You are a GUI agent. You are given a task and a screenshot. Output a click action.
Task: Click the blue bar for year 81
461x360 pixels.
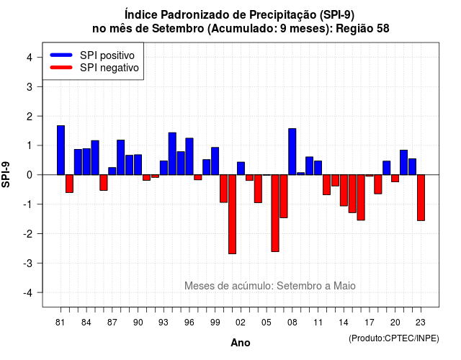click(61, 150)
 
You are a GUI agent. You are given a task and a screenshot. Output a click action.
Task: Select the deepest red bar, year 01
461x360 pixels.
click(232, 215)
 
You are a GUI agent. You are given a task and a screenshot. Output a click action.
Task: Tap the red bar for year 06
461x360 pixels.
click(275, 213)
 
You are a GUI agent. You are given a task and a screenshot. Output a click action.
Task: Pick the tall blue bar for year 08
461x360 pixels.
click(292, 152)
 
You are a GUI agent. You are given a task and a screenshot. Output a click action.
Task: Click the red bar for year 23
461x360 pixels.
click(421, 198)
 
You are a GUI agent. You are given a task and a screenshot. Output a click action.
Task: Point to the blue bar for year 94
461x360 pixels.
click(172, 153)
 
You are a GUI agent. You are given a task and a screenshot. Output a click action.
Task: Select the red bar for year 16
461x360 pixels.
click(361, 197)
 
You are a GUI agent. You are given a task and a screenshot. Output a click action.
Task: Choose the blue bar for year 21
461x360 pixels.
click(403, 163)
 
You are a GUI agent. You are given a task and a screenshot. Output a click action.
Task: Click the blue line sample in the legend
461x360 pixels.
click(61, 55)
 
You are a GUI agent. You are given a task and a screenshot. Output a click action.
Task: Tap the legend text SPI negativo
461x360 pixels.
click(109, 68)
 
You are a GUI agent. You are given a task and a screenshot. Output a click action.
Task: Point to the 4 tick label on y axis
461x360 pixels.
click(30, 58)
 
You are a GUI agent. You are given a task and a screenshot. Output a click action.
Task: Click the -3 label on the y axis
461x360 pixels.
click(27, 263)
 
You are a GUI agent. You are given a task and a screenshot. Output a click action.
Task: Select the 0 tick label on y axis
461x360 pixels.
click(30, 175)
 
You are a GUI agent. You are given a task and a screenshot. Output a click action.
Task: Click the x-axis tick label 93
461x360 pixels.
click(164, 323)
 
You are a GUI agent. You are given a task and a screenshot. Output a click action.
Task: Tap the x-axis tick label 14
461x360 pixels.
click(344, 323)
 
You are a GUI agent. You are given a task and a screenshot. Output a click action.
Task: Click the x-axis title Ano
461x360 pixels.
click(241, 343)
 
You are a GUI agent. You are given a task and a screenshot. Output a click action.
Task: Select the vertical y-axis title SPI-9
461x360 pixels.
click(6, 174)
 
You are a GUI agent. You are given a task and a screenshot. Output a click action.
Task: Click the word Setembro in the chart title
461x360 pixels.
click(178, 29)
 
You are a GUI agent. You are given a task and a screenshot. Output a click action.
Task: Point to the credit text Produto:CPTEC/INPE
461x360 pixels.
click(394, 338)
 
